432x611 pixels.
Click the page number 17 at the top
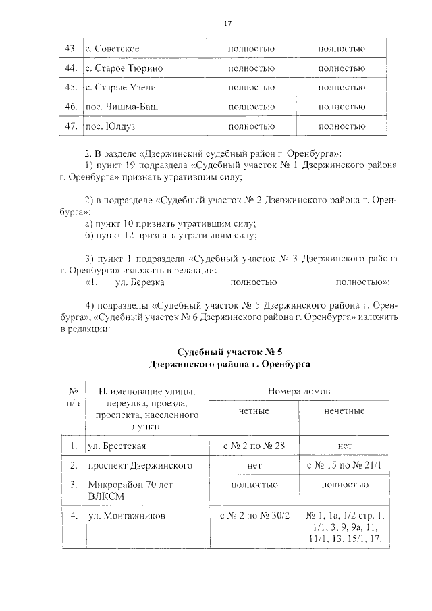(x=227, y=25)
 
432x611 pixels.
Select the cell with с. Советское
(x=112, y=49)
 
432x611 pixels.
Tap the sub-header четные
(x=252, y=411)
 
